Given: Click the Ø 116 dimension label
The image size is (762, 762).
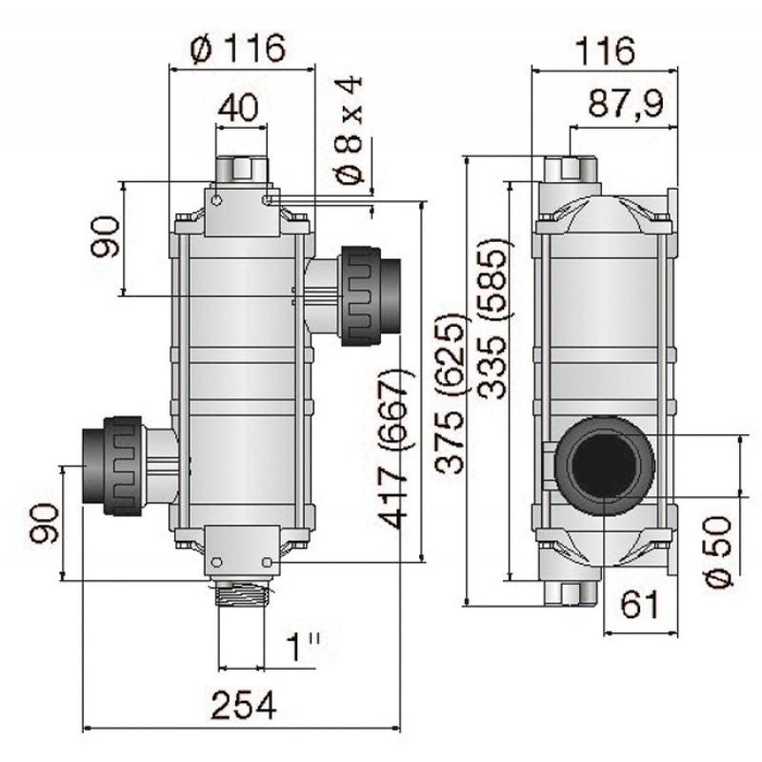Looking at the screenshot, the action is tap(238, 49).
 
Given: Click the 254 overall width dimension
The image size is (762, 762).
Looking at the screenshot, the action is tap(244, 705).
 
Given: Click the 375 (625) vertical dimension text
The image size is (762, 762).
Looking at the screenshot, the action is tap(451, 393).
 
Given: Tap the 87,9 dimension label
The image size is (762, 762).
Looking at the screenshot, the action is tap(626, 103).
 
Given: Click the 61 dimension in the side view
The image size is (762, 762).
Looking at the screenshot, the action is tap(640, 604).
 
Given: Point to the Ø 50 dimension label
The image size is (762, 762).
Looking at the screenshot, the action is tap(718, 551).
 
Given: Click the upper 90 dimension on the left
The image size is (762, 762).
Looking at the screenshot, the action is tap(105, 236).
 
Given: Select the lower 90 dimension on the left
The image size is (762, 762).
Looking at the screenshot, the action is tap(44, 523).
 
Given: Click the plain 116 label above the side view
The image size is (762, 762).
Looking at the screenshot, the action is tap(605, 50).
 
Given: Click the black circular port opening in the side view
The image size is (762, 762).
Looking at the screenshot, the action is tap(604, 465).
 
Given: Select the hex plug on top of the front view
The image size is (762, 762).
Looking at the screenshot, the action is tap(243, 170).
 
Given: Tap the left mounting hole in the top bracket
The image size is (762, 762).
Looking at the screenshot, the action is tap(217, 200).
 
